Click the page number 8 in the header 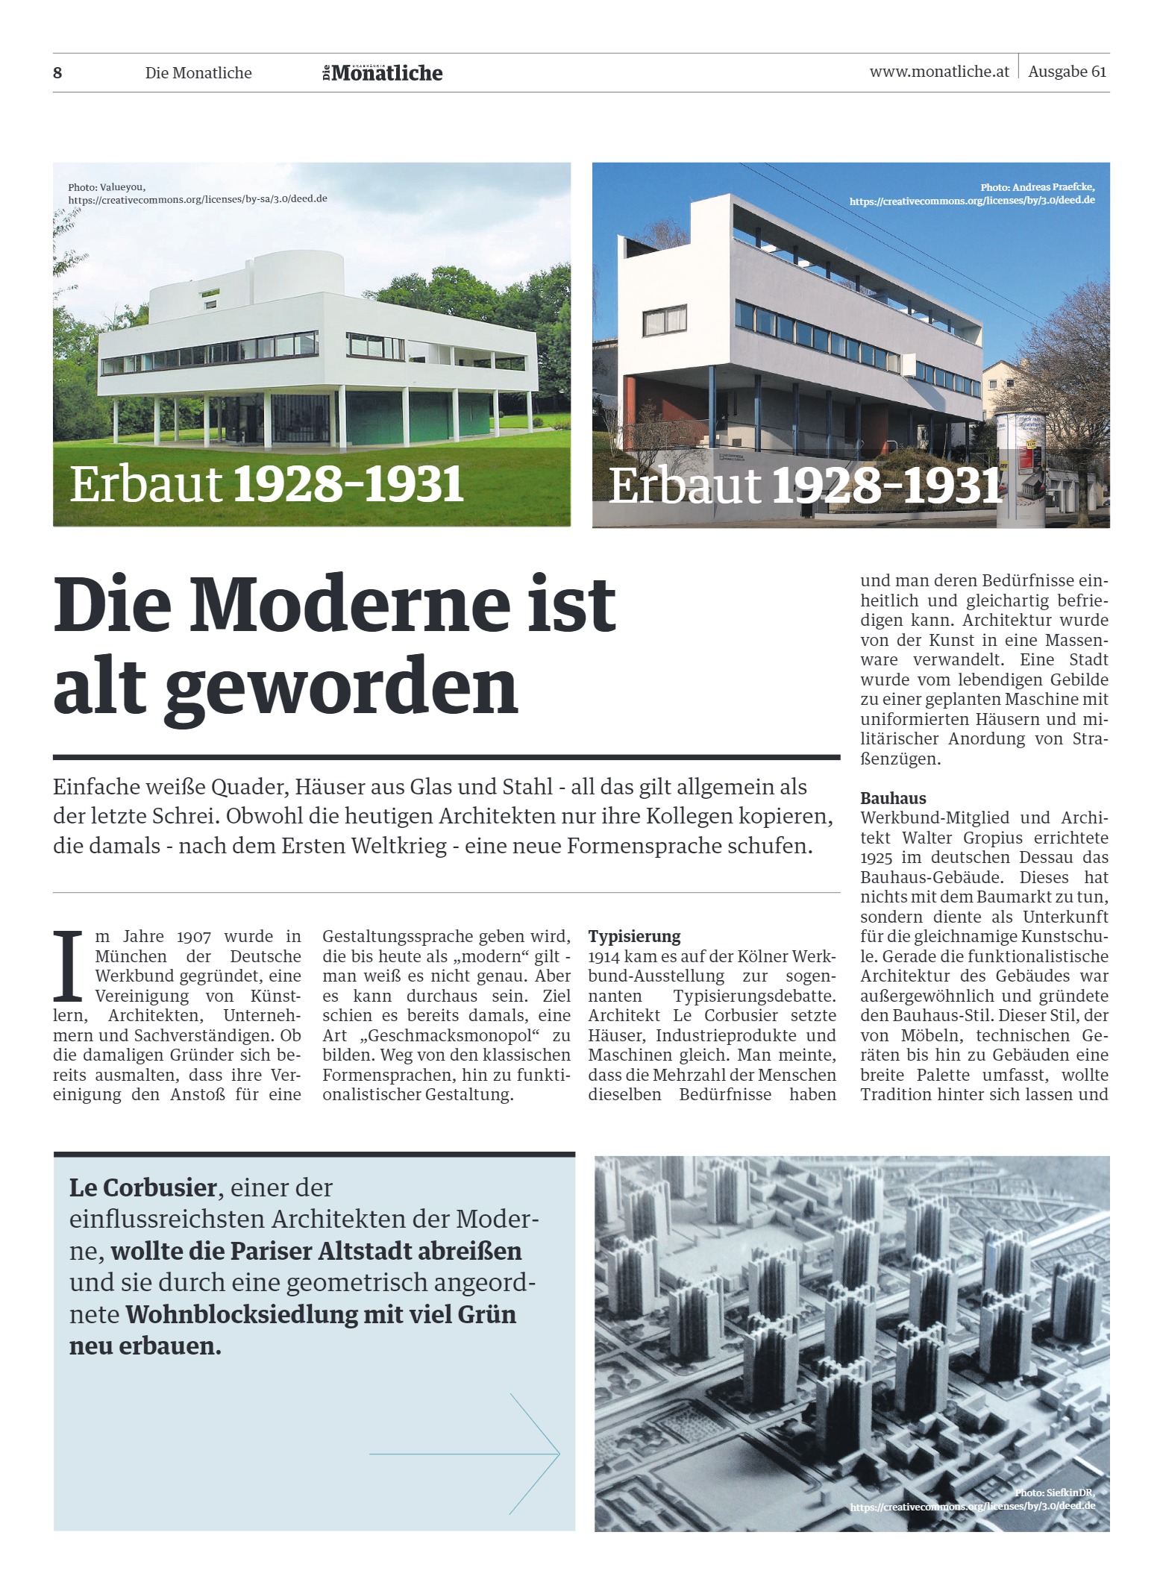pos(57,73)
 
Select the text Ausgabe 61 pos(1067,72)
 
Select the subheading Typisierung pos(634,936)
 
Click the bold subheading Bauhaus pos(893,798)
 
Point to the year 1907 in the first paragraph pos(194,937)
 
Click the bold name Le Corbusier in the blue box pos(142,1187)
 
